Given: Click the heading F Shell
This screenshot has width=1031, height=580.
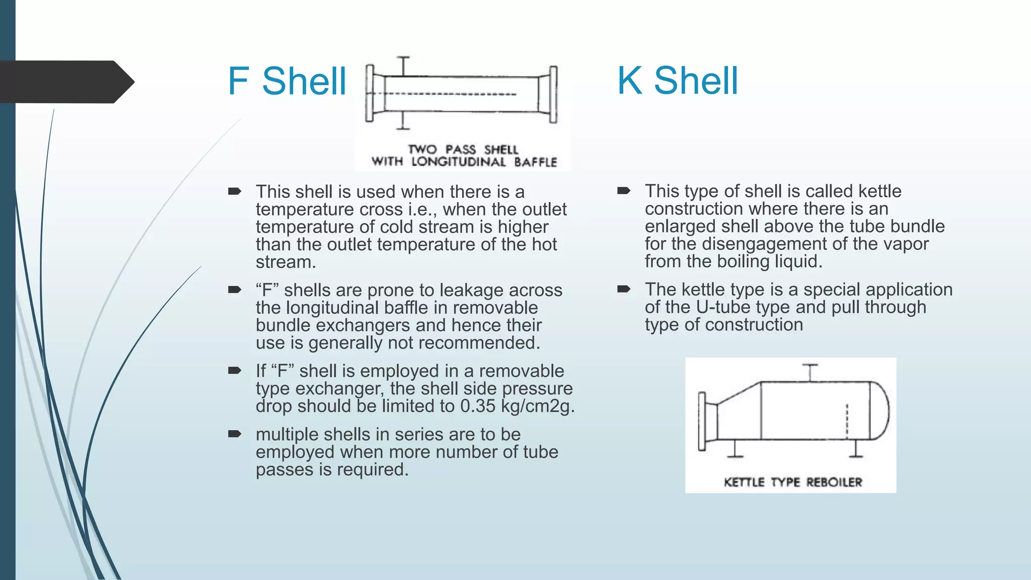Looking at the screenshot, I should (286, 81).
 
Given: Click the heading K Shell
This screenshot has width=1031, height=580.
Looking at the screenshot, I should (677, 81).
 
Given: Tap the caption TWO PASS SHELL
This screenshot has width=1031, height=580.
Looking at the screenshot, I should (463, 150).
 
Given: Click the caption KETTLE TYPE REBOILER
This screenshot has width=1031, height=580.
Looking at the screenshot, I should (793, 482).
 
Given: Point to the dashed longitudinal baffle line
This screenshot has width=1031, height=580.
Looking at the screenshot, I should (451, 94).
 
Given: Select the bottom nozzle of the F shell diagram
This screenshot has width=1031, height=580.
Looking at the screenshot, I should (403, 121).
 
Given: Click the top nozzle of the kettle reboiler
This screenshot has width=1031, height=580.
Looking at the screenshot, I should (810, 372).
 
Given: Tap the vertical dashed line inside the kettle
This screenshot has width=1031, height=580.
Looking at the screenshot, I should (847, 421).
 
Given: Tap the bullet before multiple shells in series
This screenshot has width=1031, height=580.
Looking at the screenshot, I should (235, 434).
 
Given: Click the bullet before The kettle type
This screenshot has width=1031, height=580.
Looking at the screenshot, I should (624, 289).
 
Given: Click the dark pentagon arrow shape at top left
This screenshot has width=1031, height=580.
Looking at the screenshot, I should (65, 82).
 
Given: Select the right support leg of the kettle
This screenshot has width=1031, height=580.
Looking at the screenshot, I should (856, 448).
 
